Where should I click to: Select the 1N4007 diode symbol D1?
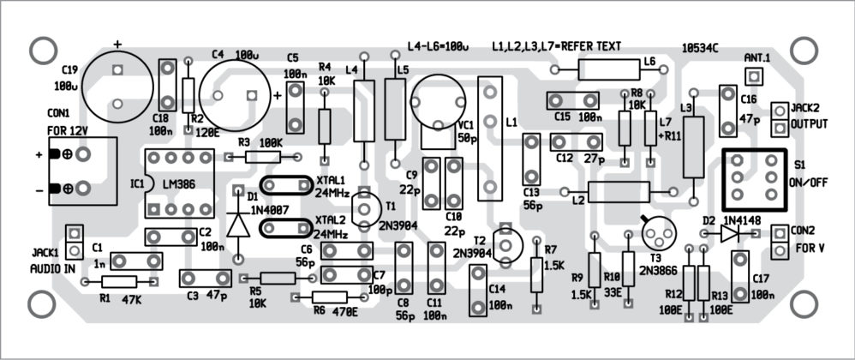[239, 223]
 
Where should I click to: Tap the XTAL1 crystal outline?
[286, 186]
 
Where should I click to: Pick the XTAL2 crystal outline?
[286, 228]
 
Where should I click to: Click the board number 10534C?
[701, 46]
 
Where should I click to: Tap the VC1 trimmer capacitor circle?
[439, 101]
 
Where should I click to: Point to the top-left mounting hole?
[41, 51]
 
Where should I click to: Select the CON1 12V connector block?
[82, 171]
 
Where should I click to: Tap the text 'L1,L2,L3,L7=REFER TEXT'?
[556, 45]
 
